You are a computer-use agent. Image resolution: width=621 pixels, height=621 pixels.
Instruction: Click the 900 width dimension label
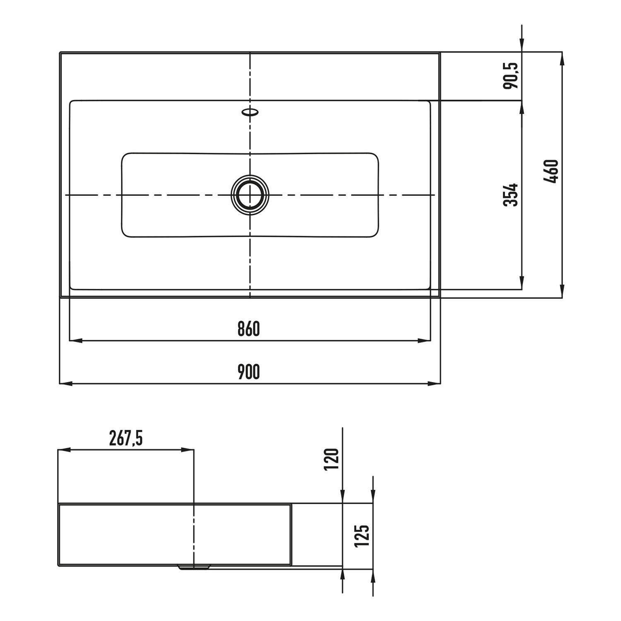point(249,371)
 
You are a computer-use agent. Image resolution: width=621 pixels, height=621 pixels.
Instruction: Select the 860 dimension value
point(249,329)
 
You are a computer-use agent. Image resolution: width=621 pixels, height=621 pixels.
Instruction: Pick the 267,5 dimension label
point(126,438)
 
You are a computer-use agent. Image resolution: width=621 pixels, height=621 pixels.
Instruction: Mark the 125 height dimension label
point(362,536)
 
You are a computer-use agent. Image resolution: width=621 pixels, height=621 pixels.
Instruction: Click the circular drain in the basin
point(250,194)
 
